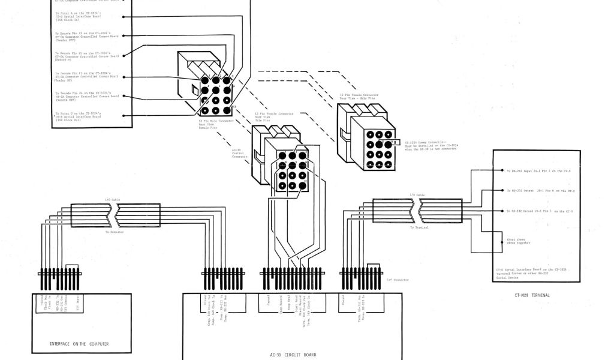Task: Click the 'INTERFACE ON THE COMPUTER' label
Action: pos(79,344)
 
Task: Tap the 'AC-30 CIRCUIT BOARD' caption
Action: pos(293,355)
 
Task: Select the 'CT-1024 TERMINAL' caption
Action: pos(532,295)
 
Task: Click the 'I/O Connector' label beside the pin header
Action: pos(397,280)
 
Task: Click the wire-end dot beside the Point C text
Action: pos(124,116)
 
